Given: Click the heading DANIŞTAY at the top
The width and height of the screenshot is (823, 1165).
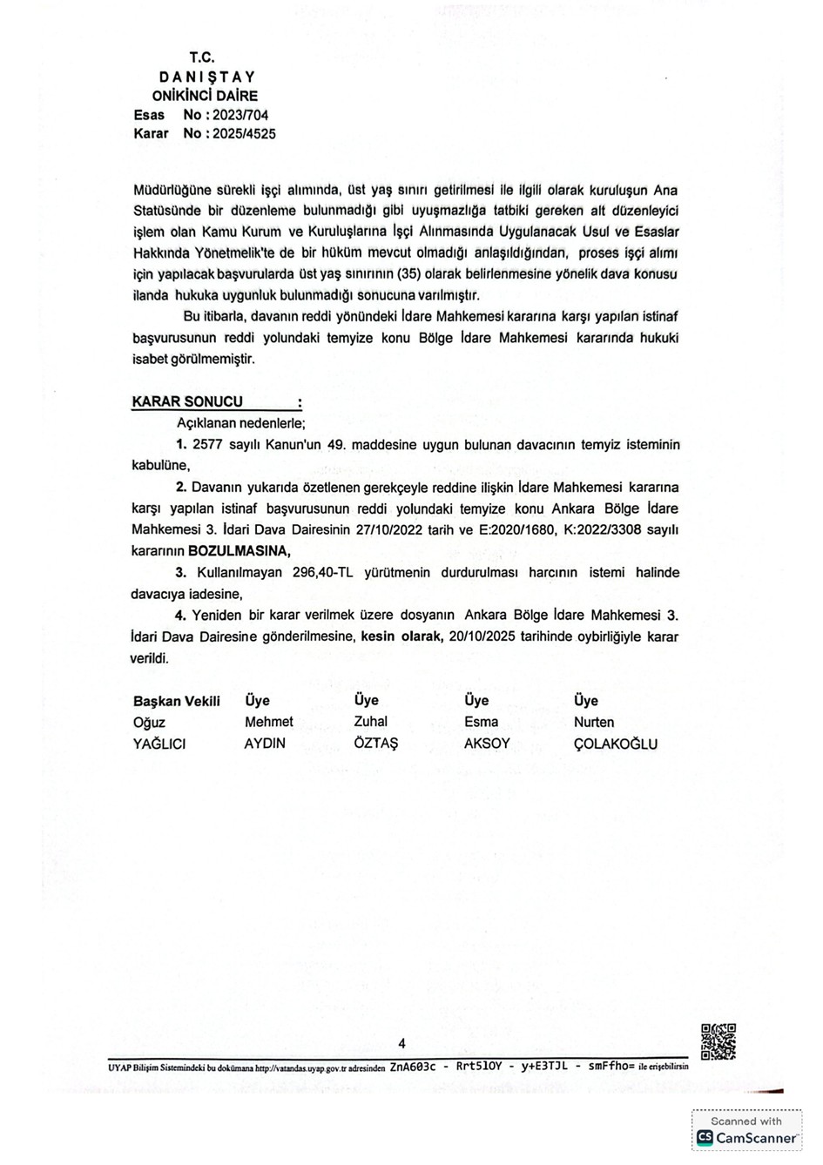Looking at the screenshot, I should point(206,77).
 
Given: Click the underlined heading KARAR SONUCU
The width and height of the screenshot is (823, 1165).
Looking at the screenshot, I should point(187,402).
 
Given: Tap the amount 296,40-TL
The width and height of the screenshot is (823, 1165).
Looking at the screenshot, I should point(303,573).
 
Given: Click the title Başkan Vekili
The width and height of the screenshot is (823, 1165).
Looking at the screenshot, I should point(177,701).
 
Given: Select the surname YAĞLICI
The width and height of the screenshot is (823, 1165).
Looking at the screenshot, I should point(160,744).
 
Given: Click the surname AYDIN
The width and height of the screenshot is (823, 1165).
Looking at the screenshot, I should point(265,744).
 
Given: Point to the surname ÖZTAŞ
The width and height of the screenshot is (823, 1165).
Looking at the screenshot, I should point(375,744).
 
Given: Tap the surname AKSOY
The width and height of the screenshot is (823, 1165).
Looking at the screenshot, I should point(487,744).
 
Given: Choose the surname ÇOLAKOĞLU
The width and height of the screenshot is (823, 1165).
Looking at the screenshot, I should point(615,744).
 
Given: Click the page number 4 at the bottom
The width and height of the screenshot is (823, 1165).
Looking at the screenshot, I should point(401,1044).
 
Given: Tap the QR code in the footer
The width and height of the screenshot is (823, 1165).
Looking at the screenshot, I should point(718,1041).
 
